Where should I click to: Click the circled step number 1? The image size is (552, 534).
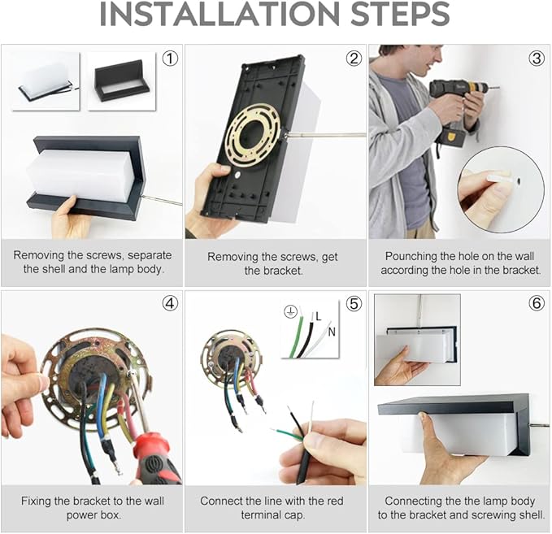(170, 59)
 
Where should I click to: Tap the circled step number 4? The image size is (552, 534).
(170, 303)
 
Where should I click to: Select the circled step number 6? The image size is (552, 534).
(537, 303)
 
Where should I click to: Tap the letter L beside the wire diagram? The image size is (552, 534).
(319, 316)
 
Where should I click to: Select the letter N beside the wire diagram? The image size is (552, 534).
(332, 332)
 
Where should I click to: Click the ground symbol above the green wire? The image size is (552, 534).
(290, 311)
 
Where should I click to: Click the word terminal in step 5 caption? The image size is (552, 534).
(261, 515)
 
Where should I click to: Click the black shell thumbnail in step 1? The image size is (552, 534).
(121, 81)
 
